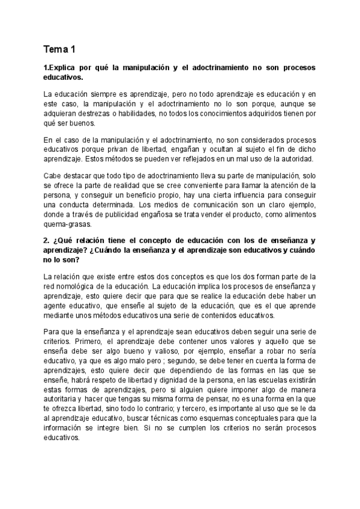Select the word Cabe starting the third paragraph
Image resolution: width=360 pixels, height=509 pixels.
tap(53, 176)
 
